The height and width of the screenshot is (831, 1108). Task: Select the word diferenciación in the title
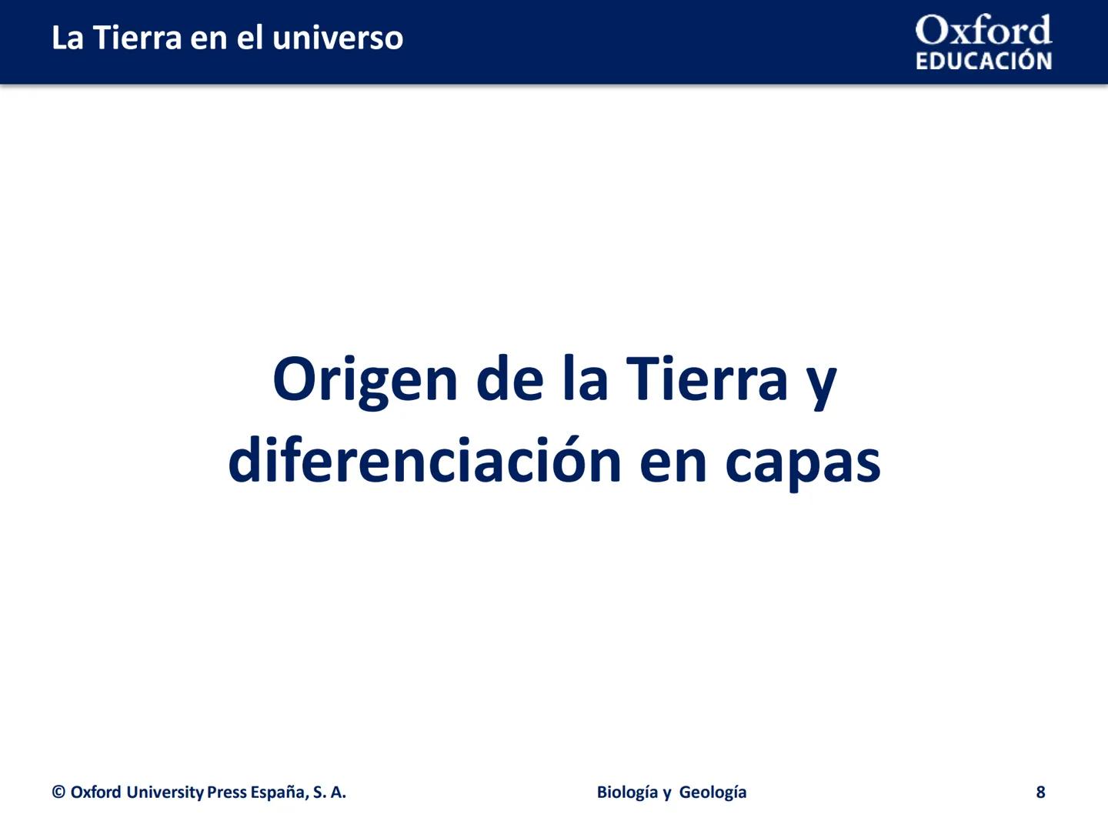click(425, 461)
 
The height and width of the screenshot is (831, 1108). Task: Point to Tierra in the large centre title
click(707, 379)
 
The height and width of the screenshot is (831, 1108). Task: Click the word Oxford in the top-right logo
click(983, 31)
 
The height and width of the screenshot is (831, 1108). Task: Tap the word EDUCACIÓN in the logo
click(983, 62)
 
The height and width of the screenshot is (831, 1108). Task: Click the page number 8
click(1040, 793)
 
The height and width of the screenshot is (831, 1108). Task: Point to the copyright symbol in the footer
click(58, 793)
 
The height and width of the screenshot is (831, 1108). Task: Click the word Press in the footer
click(227, 793)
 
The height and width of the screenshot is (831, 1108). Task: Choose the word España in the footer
click(279, 793)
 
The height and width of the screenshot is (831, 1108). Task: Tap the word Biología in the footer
click(626, 793)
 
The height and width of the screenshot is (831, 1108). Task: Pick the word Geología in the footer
click(713, 793)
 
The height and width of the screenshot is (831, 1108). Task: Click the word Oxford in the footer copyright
click(95, 793)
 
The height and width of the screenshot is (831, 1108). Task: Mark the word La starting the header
click(68, 38)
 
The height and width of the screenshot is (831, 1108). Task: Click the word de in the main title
click(509, 379)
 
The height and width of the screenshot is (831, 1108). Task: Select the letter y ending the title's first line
click(822, 382)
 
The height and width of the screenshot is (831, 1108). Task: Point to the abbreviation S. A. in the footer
click(329, 793)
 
